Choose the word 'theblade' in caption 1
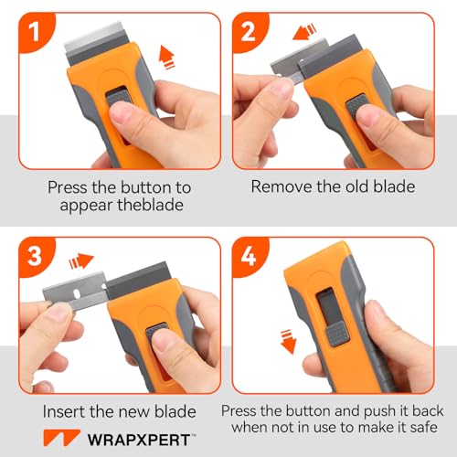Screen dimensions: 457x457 pyautogui.click(x=157, y=205)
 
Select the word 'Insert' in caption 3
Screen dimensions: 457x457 pyautogui.click(x=69, y=412)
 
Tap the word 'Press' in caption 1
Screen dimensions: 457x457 pyautogui.click(x=70, y=187)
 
